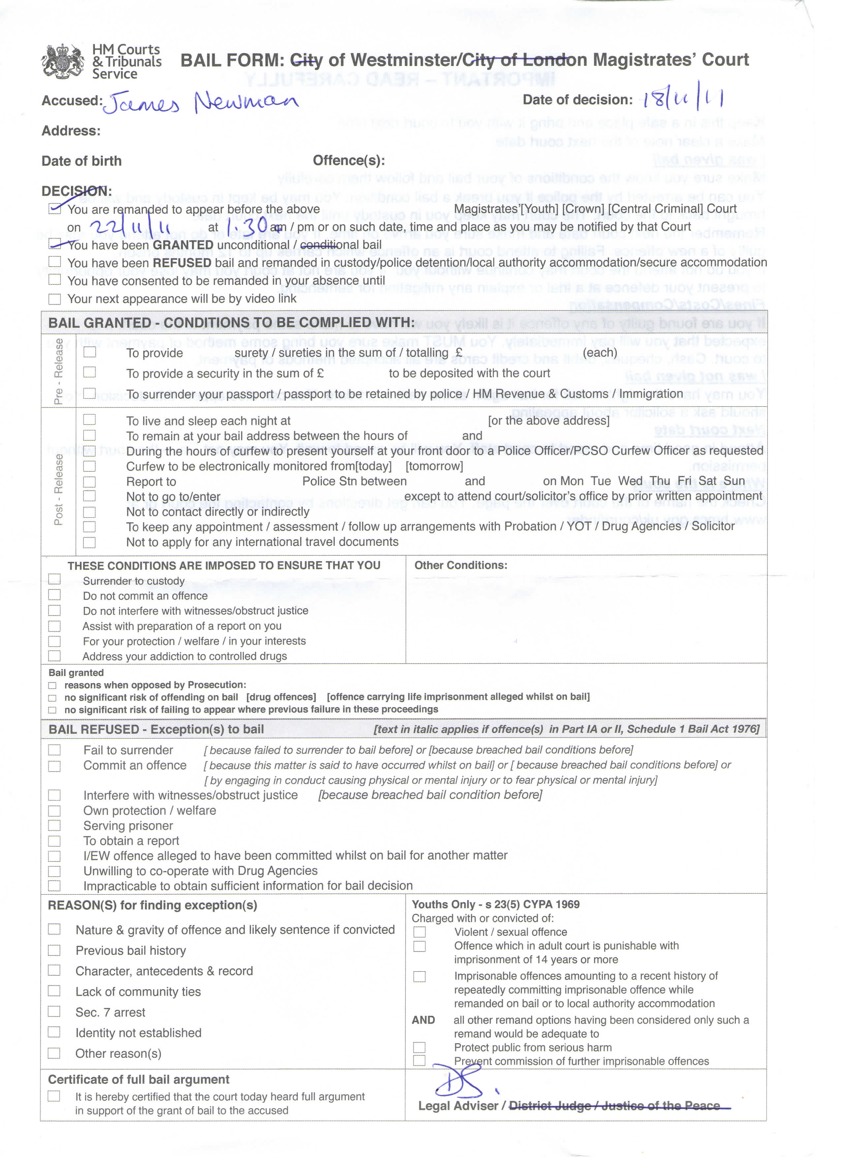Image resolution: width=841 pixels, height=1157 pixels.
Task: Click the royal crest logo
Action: click(63, 61)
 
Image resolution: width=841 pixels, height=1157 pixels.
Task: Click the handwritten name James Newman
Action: click(200, 103)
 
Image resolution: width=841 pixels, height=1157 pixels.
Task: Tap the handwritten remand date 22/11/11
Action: click(129, 226)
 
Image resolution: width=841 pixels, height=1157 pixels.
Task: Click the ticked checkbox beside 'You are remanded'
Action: click(55, 208)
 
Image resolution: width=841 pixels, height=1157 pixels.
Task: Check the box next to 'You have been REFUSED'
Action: click(55, 262)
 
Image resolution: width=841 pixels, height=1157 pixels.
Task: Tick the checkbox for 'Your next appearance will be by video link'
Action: click(55, 299)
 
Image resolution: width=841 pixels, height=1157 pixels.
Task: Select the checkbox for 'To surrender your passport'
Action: click(89, 393)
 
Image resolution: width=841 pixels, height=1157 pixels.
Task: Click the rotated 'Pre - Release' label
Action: click(59, 371)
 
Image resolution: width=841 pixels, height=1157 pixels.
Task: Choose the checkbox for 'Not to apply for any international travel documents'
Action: click(89, 542)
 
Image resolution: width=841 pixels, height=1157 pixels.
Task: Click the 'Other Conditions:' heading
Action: click(460, 565)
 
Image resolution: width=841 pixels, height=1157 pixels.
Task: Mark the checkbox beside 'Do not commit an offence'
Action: click(55, 595)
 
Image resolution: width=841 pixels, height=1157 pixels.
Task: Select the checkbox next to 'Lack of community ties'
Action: click(54, 991)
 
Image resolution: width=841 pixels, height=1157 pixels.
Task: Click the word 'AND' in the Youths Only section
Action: click(423, 1020)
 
